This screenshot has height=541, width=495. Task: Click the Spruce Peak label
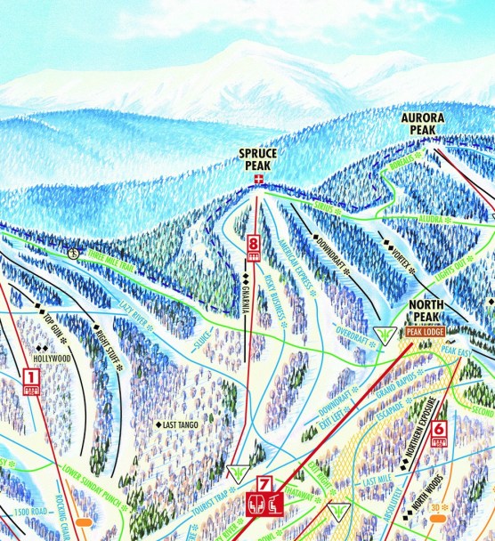(258, 159)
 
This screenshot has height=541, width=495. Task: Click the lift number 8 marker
(254, 242)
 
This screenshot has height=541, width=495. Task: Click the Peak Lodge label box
(426, 331)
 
